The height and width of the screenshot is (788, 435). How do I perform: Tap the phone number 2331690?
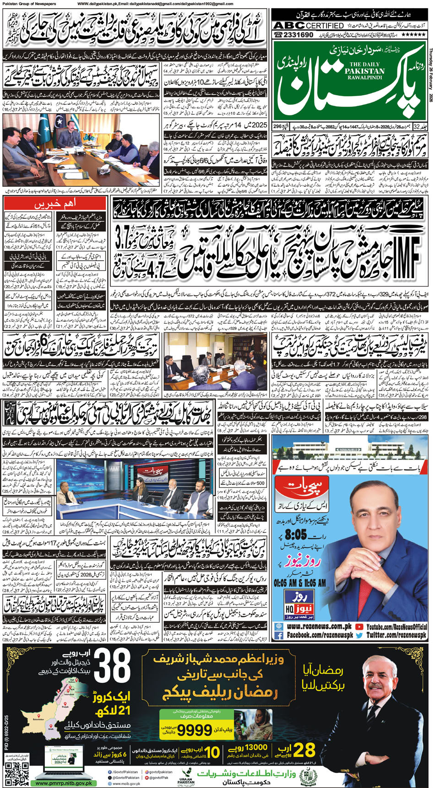296,35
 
